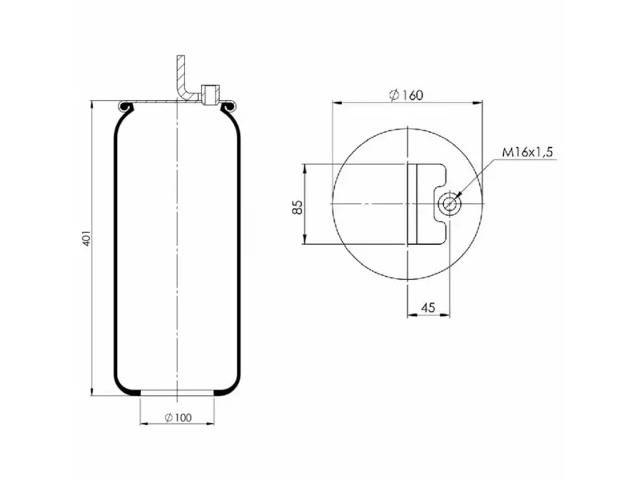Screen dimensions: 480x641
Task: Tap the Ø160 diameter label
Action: tap(406, 95)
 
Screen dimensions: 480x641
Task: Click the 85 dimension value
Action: tap(297, 205)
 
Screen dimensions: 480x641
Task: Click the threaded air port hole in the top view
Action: tap(450, 205)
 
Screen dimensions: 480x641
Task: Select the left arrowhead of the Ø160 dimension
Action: tap(336, 102)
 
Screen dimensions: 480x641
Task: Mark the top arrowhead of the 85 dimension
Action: tap(306, 168)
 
